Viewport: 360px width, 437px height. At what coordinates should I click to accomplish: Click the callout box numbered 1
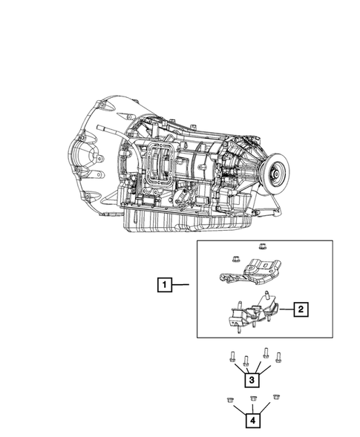(x=165, y=285)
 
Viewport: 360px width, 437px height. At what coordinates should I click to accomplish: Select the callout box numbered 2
(x=301, y=309)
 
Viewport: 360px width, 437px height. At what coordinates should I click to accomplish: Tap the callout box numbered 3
(x=252, y=380)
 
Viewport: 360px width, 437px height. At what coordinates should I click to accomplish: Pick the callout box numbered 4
(x=252, y=420)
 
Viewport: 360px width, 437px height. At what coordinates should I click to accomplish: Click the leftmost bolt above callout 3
(x=232, y=357)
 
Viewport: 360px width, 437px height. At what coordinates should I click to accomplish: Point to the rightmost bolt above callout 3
(x=278, y=358)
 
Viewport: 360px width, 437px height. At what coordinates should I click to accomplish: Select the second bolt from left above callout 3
(x=246, y=361)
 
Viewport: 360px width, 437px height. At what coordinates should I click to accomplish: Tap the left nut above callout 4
(x=230, y=400)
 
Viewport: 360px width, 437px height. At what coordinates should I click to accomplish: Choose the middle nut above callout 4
(x=253, y=398)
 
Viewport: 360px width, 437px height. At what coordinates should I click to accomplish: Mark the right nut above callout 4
(x=276, y=397)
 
